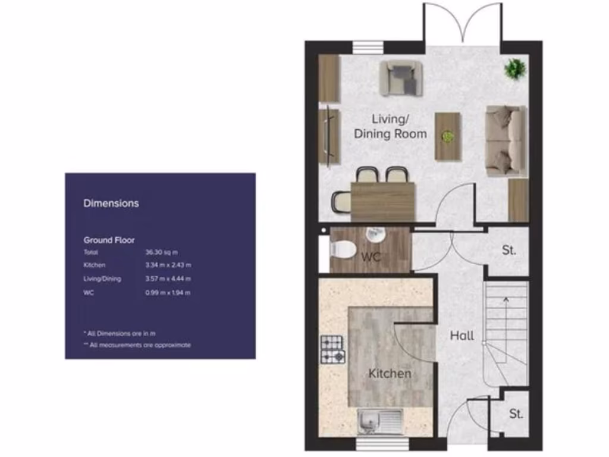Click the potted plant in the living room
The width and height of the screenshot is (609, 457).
click(x=515, y=69)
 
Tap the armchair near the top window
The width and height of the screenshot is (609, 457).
click(x=401, y=78)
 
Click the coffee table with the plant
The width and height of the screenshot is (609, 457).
click(x=448, y=136)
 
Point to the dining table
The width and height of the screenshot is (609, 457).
click(x=382, y=201)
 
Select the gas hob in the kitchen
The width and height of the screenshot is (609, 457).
click(x=332, y=349)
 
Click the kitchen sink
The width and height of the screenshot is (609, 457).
click(x=380, y=422)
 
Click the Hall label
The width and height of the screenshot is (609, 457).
click(x=462, y=336)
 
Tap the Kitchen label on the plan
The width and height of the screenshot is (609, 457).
click(x=390, y=374)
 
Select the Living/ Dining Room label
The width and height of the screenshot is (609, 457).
click(x=390, y=126)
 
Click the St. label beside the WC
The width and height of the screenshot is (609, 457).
click(x=508, y=251)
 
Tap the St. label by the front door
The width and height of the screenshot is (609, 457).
click(x=516, y=414)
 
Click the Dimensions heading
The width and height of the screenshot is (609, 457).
click(x=111, y=203)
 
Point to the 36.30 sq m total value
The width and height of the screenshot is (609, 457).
click(x=162, y=252)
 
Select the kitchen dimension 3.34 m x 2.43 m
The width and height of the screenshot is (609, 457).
click(x=168, y=265)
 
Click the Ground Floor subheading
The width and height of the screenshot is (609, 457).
click(x=109, y=240)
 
